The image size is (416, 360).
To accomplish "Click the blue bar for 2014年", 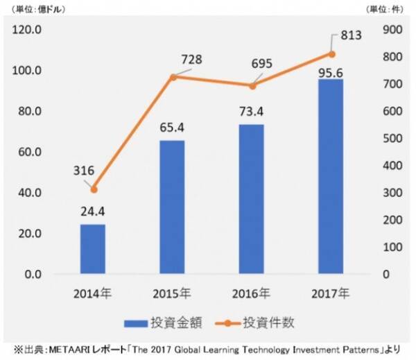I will pyautogui.click(x=93, y=249).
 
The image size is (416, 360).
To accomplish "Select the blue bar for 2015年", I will pyautogui.click(x=173, y=207).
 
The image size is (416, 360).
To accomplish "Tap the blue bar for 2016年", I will pyautogui.click(x=252, y=199).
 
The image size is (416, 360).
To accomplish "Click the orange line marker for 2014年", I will pyautogui.click(x=94, y=189).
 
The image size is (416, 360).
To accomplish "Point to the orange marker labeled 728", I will pyautogui.click(x=173, y=76).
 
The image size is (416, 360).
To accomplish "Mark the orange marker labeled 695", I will pyautogui.click(x=252, y=85).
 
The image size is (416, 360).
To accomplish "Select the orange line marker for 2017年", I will pyautogui.click(x=331, y=54).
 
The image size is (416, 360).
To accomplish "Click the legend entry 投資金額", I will pyautogui.click(x=167, y=322).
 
